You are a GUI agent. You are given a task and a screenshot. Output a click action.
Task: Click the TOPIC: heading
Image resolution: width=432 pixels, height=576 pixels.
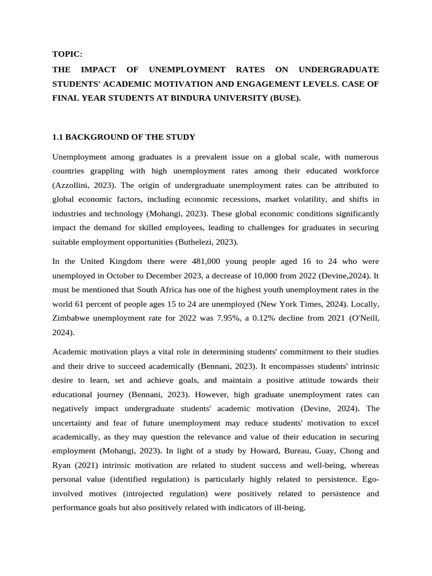click(67, 54)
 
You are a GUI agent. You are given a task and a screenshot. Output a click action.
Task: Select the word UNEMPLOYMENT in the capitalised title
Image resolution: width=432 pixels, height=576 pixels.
click(187, 69)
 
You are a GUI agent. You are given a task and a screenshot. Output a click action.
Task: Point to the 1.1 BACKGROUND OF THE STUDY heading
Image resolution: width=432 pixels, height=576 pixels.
click(123, 137)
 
